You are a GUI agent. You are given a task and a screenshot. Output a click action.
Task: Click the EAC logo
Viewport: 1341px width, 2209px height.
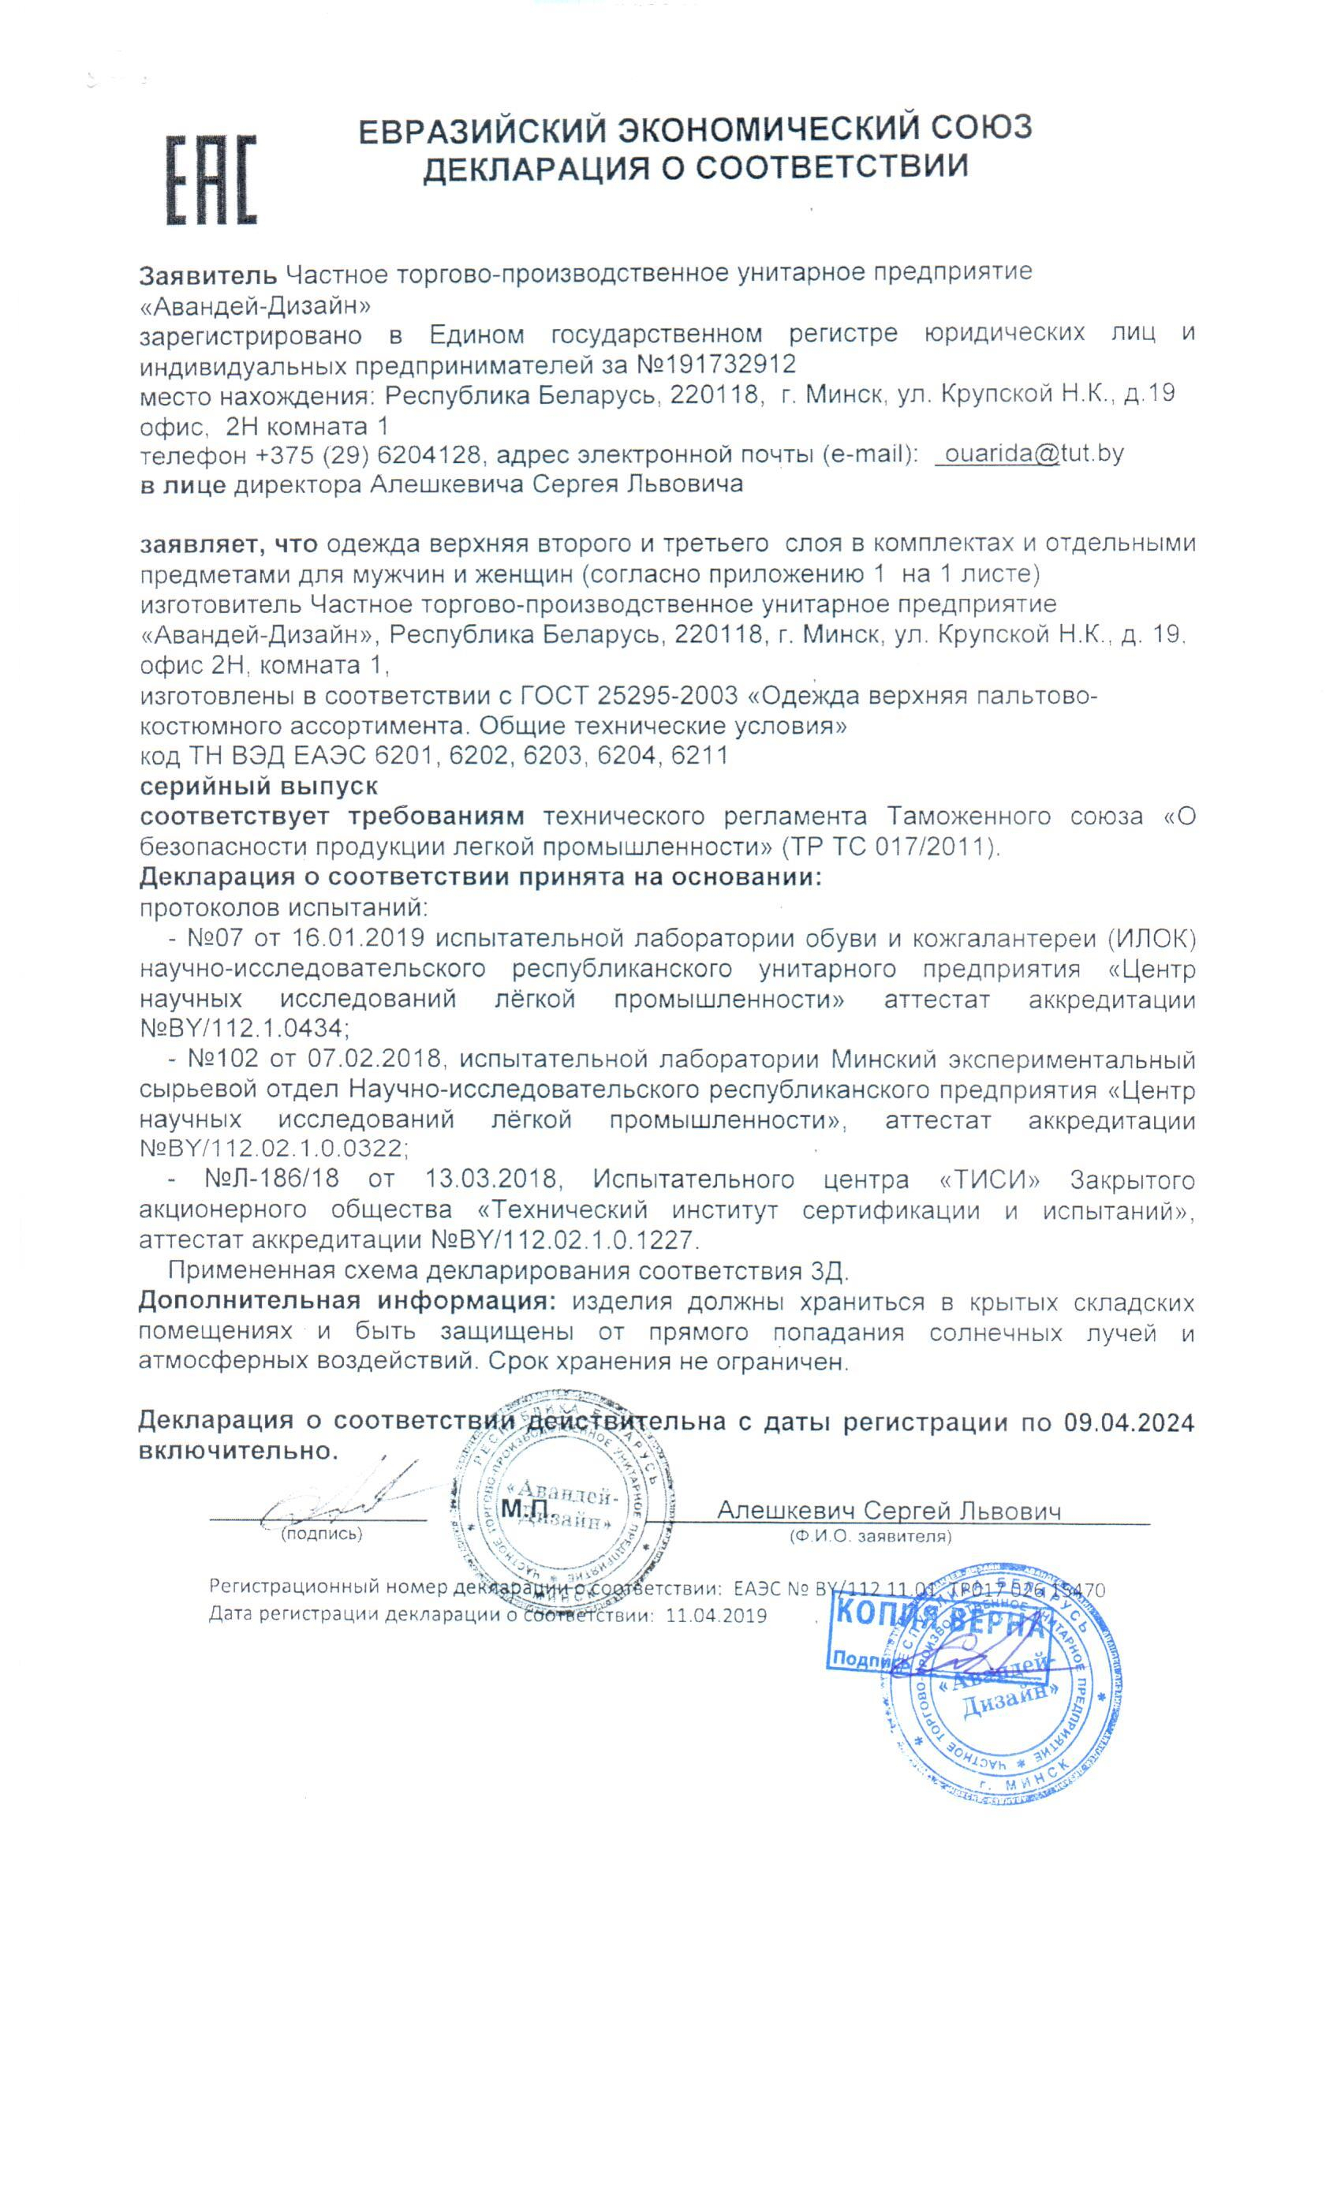click(x=211, y=179)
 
